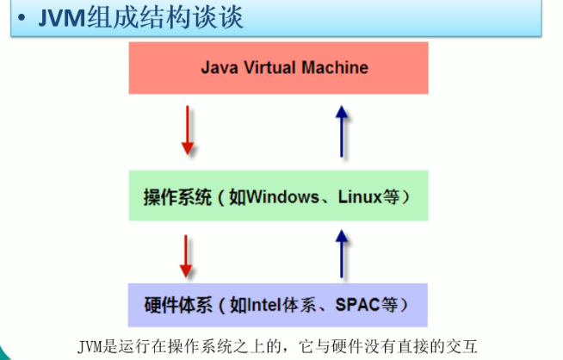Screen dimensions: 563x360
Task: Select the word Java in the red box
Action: [x=220, y=67]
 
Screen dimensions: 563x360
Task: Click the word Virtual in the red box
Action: [x=271, y=67]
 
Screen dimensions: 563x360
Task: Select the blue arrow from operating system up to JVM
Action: [x=342, y=130]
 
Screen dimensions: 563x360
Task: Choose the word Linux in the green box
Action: [x=360, y=197]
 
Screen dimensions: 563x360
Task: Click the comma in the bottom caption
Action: [x=269, y=346]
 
